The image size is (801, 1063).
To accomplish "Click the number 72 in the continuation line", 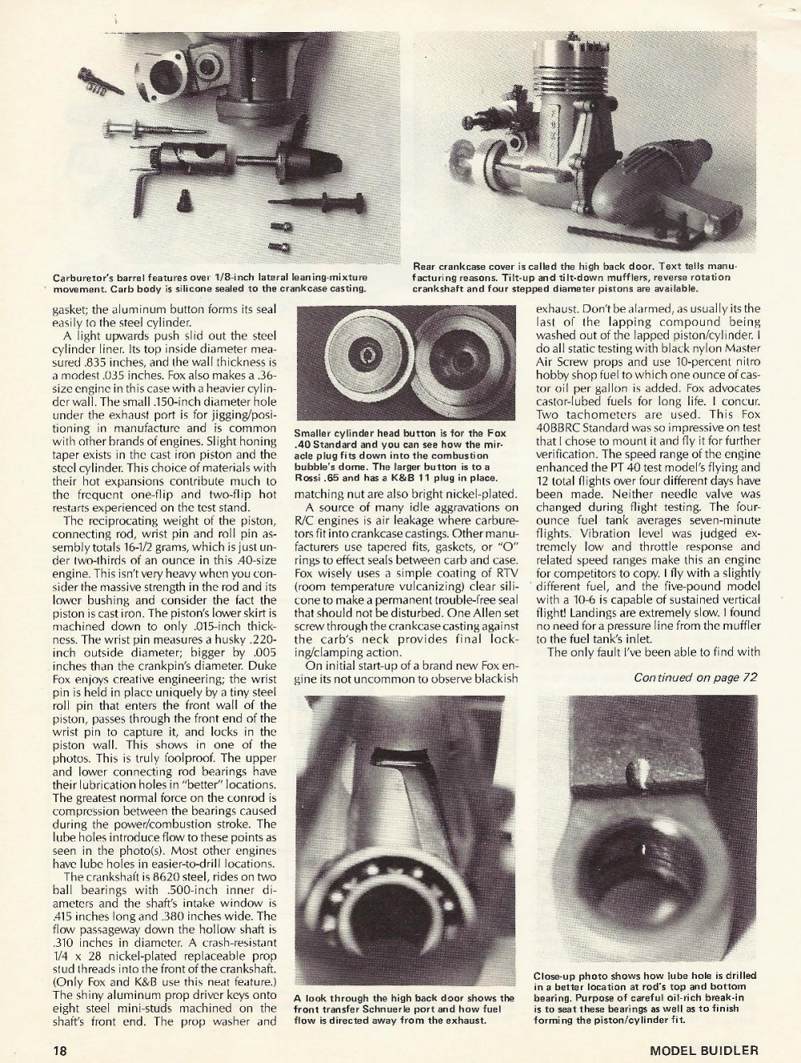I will [750, 678].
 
